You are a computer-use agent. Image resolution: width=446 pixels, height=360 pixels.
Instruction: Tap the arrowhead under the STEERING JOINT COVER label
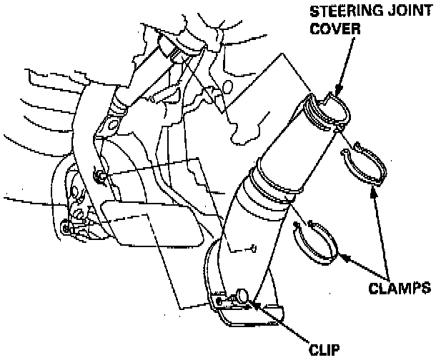[x=339, y=94]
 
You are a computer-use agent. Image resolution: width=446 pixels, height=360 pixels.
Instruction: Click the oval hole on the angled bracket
[x=109, y=126]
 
